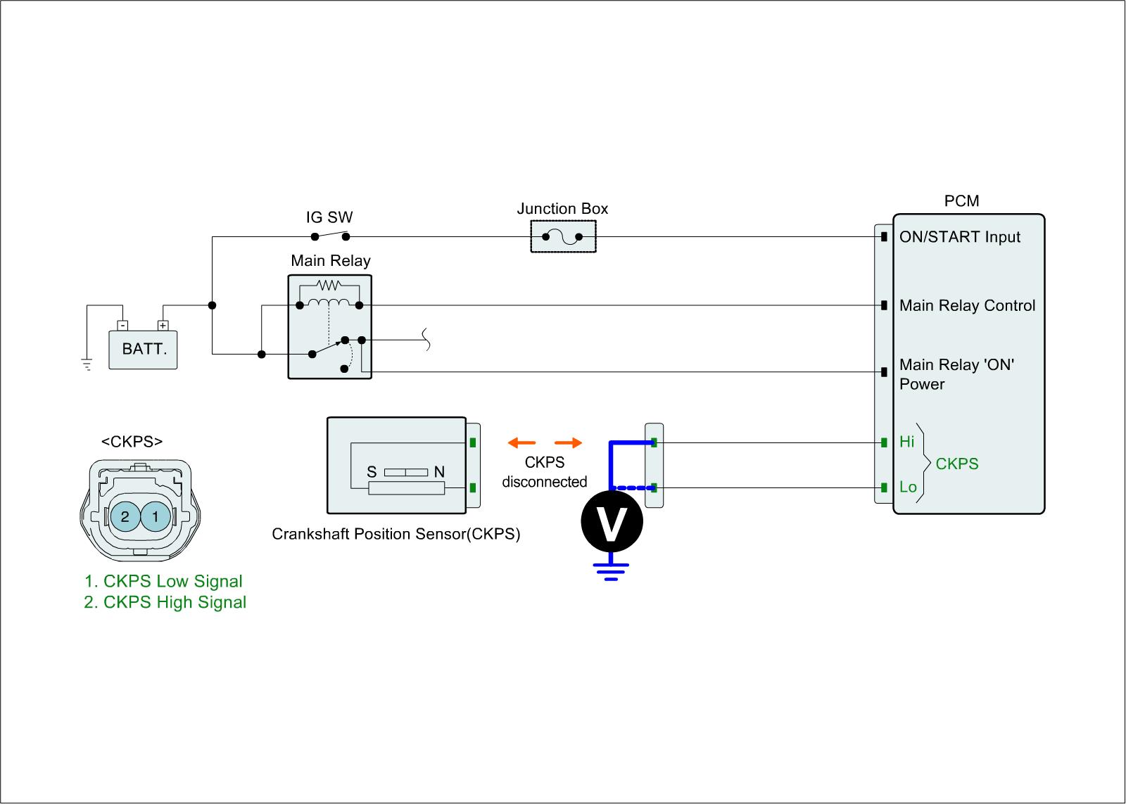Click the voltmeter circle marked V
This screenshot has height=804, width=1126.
tap(612, 521)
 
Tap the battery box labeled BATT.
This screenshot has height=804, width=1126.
tap(143, 349)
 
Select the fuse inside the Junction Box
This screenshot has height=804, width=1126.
tap(562, 236)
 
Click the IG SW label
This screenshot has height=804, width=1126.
tap(329, 217)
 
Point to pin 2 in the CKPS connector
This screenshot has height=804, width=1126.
tap(125, 517)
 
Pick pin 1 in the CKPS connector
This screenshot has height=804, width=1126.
tap(156, 517)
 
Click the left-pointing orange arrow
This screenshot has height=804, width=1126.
tap(521, 442)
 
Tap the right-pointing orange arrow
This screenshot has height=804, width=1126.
tap(569, 442)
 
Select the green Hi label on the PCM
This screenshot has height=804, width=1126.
tap(906, 442)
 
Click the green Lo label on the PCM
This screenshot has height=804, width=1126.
tap(908, 487)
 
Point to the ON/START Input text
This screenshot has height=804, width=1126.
tap(959, 237)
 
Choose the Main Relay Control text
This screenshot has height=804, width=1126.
tap(967, 305)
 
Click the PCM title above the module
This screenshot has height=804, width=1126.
tap(961, 201)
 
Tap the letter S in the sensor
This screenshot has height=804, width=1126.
tap(371, 472)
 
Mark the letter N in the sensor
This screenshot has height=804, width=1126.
tap(439, 472)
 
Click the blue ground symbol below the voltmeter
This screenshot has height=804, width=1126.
tap(611, 571)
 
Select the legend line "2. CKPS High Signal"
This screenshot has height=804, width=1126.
tap(165, 602)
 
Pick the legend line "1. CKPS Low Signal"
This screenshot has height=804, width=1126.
tap(163, 581)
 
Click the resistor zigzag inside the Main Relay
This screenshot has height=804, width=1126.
tap(329, 285)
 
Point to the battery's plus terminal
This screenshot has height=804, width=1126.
tap(163, 326)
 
